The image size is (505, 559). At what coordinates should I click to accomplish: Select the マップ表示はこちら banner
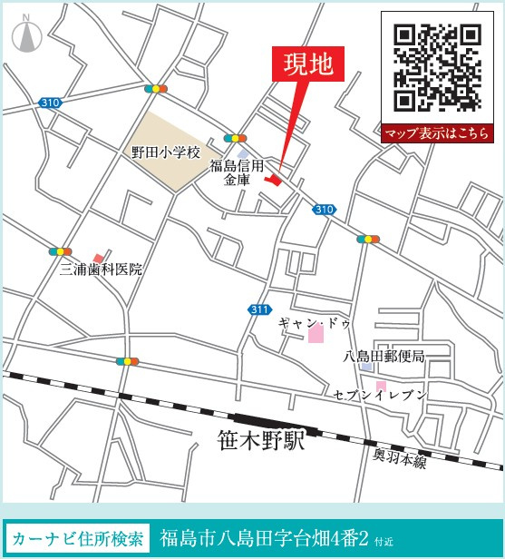[437, 133]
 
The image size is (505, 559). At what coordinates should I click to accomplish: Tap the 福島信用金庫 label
[237, 172]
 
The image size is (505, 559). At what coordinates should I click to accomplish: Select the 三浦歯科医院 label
[102, 270]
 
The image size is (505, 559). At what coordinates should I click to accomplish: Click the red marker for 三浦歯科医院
[98, 259]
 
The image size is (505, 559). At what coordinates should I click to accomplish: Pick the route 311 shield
[259, 309]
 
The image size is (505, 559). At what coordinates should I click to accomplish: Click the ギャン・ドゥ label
[314, 323]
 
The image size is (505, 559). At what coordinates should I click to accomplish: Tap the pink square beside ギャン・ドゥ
[316, 335]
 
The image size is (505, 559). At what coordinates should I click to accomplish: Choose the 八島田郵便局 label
[384, 356]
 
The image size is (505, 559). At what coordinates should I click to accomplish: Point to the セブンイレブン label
[379, 394]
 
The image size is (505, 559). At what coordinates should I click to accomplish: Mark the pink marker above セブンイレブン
[381, 385]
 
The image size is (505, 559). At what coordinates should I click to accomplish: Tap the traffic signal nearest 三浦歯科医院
[61, 251]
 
